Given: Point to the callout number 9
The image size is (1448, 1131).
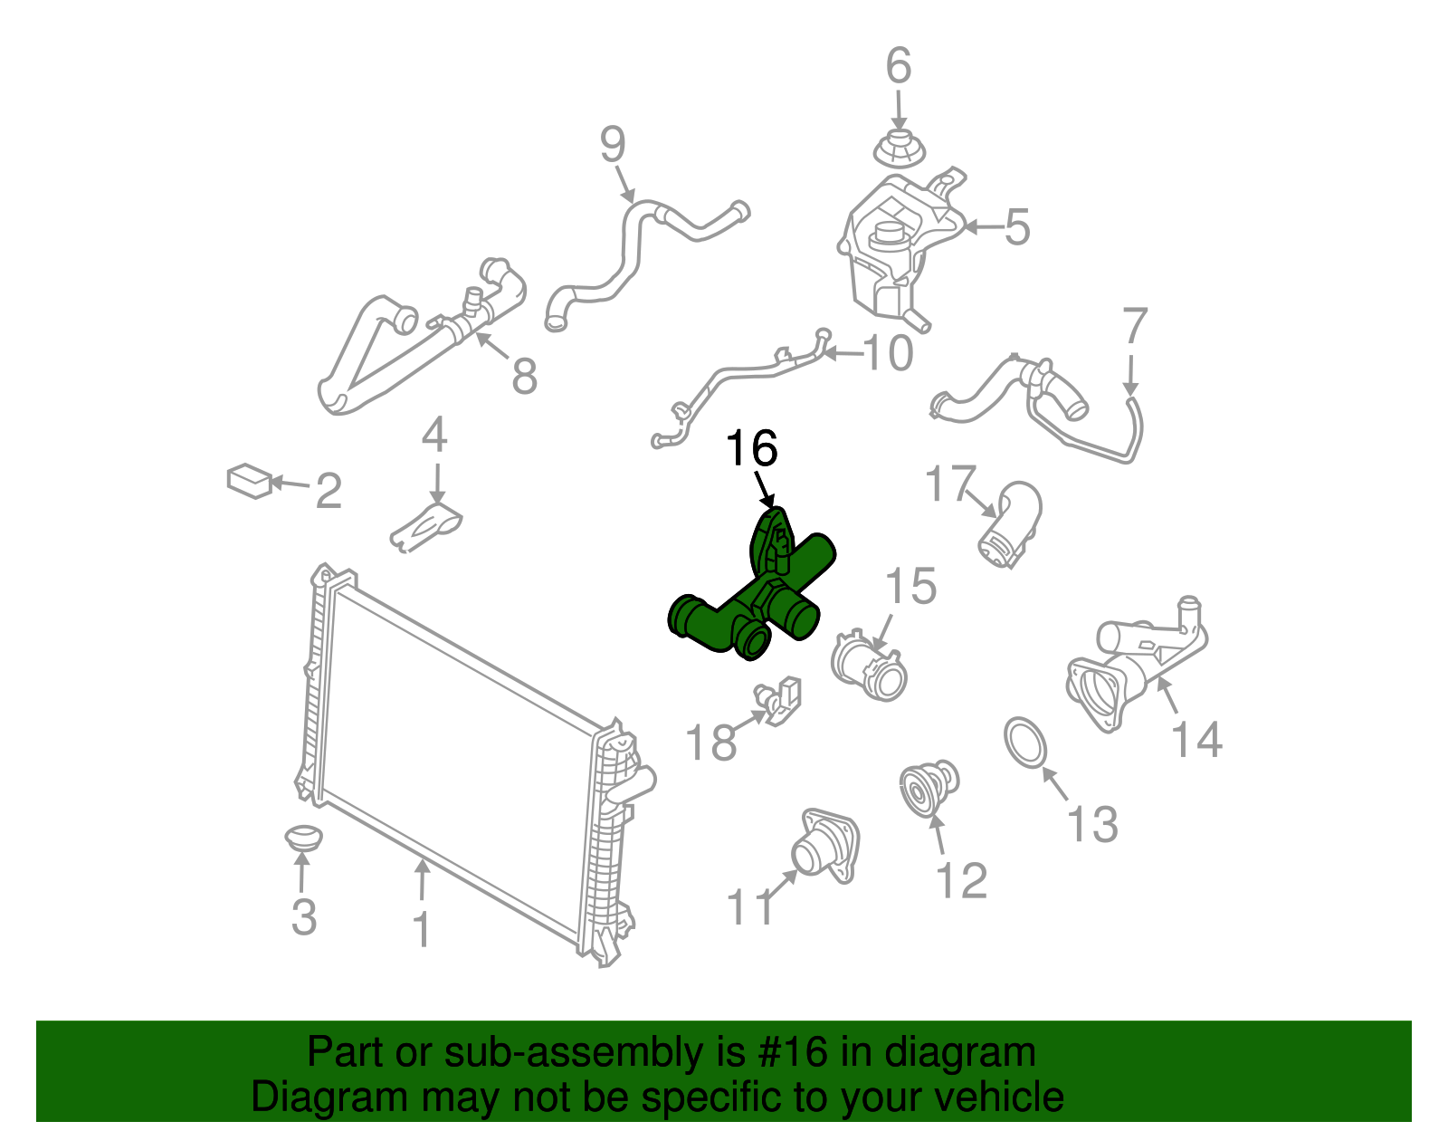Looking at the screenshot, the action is coord(613,145).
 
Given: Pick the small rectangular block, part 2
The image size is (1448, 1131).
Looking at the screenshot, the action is coord(250,481).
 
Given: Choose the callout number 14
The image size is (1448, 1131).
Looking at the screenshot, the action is coord(1196,740).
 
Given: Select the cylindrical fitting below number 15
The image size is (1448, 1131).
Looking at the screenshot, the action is coord(869,670).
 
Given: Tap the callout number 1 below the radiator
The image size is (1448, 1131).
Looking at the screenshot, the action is coord(421,930).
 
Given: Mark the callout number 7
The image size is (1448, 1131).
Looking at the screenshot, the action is coord(1135,327).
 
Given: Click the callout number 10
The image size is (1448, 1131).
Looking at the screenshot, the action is coord(888,353).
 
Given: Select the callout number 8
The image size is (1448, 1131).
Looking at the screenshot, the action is coord(525,376).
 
